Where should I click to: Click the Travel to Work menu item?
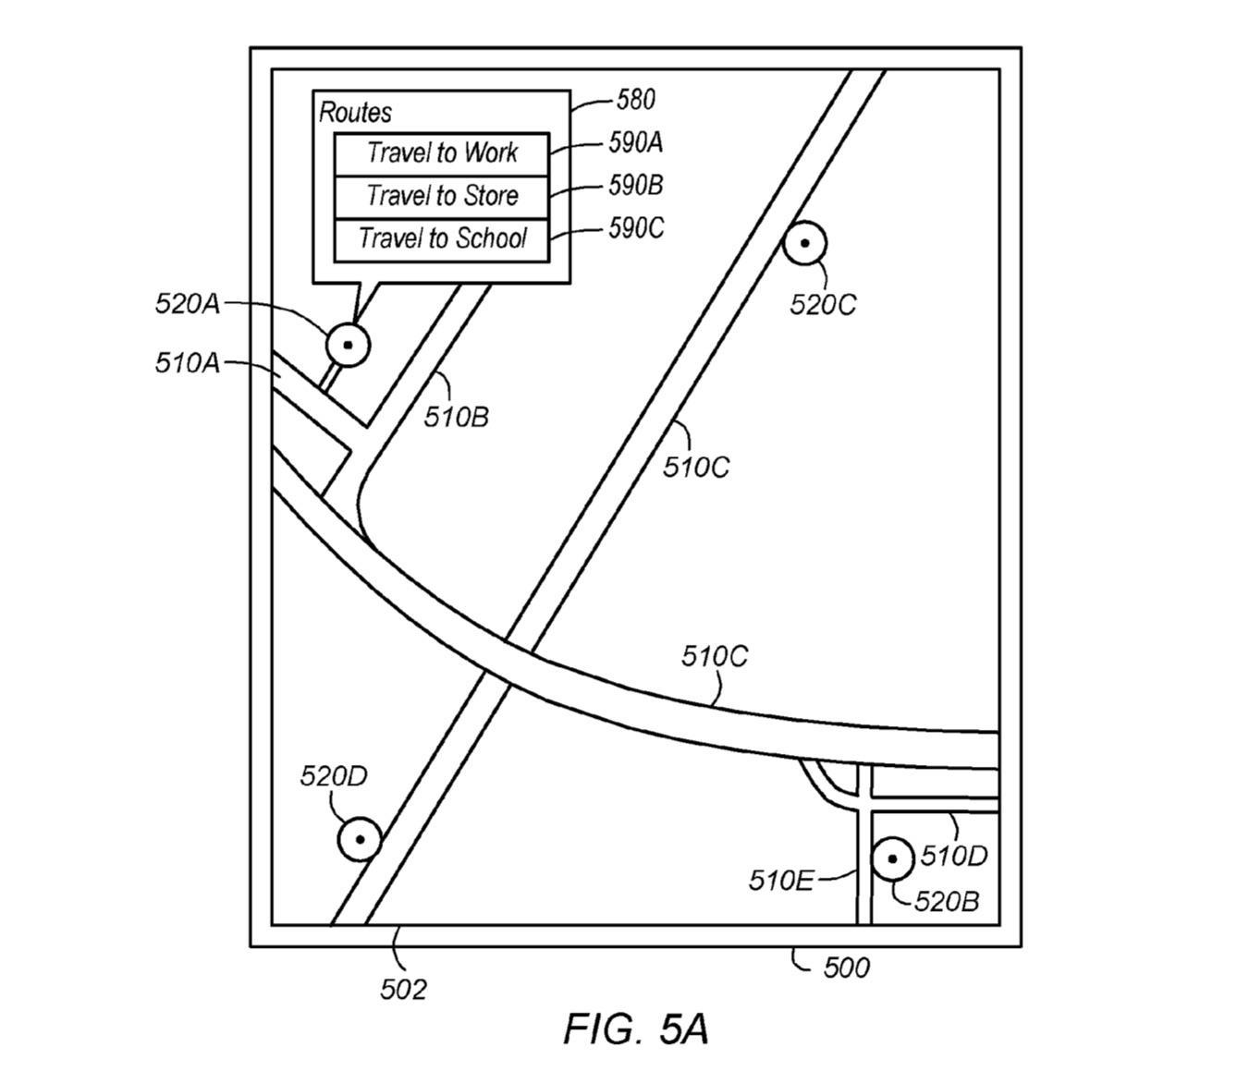(x=441, y=154)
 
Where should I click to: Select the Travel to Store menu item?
(x=441, y=197)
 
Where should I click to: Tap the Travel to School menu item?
(x=441, y=240)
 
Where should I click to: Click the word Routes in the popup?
(x=355, y=113)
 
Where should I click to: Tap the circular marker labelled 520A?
(x=348, y=345)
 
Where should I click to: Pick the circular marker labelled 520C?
(x=804, y=243)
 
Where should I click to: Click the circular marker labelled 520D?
(x=360, y=839)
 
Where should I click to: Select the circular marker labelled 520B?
(x=892, y=858)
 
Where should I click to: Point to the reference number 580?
(x=635, y=100)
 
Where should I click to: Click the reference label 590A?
(x=635, y=142)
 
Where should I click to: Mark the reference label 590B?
(x=635, y=186)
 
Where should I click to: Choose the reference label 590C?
(x=636, y=228)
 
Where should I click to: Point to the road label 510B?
(x=456, y=417)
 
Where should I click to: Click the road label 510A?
(x=188, y=363)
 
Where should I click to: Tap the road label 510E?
(x=781, y=881)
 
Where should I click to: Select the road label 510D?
(x=954, y=856)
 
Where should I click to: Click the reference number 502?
(x=403, y=990)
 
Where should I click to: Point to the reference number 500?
(x=847, y=967)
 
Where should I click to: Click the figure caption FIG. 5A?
(x=635, y=1029)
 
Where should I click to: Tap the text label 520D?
(x=334, y=776)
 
